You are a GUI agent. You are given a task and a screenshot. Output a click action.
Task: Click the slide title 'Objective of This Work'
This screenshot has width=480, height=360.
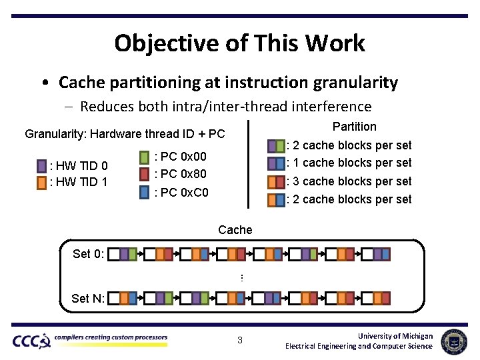[x=239, y=43]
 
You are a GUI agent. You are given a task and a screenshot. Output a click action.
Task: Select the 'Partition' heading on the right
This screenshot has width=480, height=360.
[x=354, y=127]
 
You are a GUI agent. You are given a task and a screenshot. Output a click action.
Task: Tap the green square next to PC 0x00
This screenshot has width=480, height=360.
[x=145, y=158]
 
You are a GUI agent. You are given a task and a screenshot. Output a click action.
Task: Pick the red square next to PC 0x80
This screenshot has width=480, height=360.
[x=145, y=175]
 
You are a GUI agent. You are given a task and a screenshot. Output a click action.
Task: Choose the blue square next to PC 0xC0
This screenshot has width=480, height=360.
[x=145, y=193]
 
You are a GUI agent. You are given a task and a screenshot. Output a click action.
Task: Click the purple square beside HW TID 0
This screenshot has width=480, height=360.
[x=42, y=166]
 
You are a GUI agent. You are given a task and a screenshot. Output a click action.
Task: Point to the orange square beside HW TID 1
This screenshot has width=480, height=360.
[x=42, y=182]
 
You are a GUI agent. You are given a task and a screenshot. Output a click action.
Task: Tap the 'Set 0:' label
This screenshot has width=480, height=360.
[x=88, y=254]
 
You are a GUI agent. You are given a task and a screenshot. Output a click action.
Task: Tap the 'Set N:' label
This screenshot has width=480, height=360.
[x=88, y=299]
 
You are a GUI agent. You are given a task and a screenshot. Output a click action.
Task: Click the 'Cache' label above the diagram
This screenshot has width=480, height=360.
[x=235, y=230]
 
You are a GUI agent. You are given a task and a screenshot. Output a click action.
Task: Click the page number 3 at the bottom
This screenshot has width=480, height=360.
[x=240, y=341]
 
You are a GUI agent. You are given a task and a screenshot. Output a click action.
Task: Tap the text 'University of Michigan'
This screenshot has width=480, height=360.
[x=395, y=336]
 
